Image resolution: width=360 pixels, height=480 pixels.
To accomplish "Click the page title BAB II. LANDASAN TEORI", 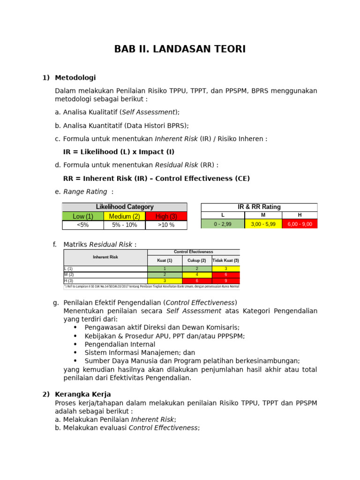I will (x=180, y=49).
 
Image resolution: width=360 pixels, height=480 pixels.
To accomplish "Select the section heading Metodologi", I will (x=75, y=77).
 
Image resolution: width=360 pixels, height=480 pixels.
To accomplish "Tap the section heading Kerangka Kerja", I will (x=82, y=394).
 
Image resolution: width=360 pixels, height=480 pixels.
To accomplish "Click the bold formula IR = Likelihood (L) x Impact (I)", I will (x=119, y=152).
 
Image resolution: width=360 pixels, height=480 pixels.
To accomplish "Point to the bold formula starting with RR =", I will (x=156, y=179).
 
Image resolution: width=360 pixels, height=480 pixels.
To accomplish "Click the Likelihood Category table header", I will (x=125, y=207).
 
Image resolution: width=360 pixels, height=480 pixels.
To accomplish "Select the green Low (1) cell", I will (x=83, y=216).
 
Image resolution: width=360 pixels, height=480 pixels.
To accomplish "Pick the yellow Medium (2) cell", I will (x=125, y=216).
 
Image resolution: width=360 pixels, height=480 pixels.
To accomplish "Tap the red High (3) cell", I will (x=166, y=216).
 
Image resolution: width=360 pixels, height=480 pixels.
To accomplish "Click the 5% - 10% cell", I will (x=125, y=225).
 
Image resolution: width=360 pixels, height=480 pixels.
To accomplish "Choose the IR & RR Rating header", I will (x=259, y=207).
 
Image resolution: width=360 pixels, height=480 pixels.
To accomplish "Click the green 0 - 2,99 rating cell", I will (x=223, y=224).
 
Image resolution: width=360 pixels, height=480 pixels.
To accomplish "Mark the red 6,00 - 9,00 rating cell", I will (x=300, y=224).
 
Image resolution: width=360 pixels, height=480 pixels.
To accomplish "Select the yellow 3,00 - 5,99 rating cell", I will (x=263, y=224).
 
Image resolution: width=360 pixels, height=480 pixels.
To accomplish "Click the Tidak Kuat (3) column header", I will (x=225, y=260).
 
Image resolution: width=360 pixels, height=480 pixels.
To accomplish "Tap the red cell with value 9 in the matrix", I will (x=225, y=281).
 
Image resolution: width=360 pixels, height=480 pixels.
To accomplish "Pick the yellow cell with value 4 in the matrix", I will (x=197, y=275).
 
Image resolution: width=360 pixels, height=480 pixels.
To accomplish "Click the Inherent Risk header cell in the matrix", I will (x=105, y=257).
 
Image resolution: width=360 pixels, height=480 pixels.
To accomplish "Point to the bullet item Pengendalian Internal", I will (x=120, y=344).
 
